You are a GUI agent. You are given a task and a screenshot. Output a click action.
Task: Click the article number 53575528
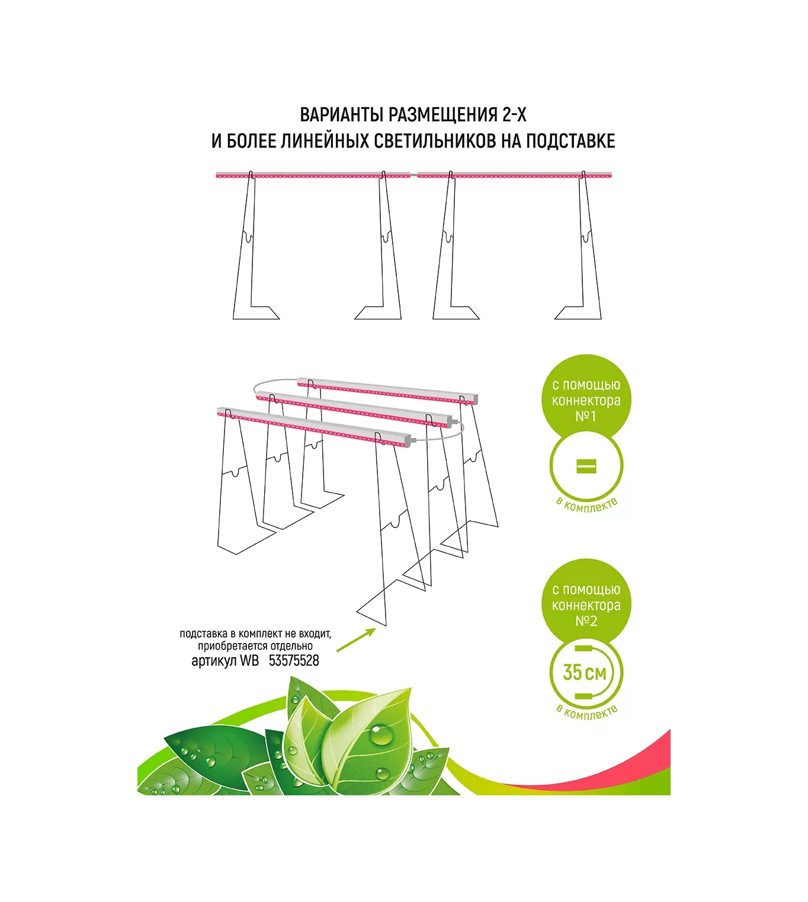tap(294, 661)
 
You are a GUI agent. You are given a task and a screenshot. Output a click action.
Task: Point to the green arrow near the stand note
tap(356, 640)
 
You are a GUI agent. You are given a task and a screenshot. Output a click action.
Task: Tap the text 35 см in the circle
tap(585, 673)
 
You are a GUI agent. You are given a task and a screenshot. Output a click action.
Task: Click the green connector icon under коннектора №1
tap(586, 466)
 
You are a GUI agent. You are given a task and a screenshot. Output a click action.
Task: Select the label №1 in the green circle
tap(586, 416)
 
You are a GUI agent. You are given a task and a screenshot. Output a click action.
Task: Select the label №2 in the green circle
tap(586, 621)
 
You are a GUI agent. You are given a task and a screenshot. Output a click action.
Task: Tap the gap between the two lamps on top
tap(413, 175)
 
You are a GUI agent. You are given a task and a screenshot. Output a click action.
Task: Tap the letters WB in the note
tap(249, 661)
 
